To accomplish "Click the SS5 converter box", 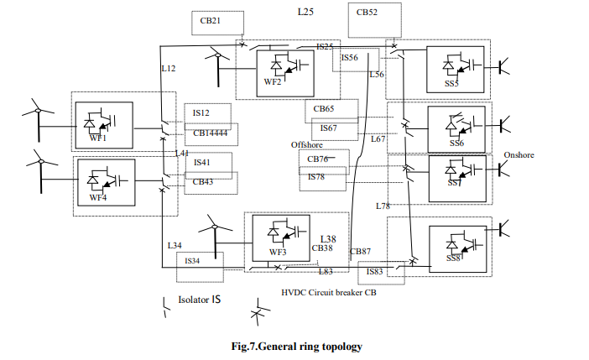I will point(454,69).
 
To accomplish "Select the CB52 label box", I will point(367,13).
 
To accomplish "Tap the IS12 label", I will point(201,112).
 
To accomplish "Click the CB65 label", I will point(324,109).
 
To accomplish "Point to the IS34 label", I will point(192,261).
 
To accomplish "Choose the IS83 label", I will point(375,271).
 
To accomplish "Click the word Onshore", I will point(519,155).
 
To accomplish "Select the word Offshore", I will point(307,145).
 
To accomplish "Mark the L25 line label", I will point(306,12).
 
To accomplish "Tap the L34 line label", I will point(174,245).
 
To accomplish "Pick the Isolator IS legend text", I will point(200,300).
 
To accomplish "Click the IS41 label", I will point(201,162).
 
